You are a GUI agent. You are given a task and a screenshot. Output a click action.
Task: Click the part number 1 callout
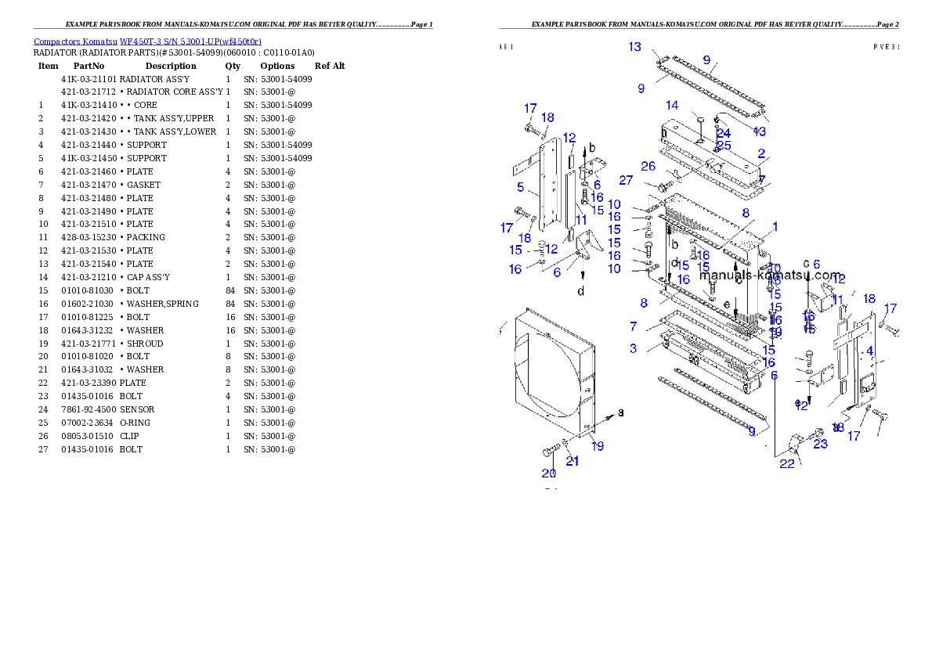(774, 227)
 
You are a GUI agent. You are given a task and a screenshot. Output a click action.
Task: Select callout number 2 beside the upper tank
(761, 154)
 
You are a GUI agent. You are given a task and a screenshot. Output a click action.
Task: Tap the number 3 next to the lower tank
(633, 348)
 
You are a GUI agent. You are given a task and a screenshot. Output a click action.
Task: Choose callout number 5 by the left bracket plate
(519, 187)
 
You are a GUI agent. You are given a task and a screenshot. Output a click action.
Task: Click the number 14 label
(672, 106)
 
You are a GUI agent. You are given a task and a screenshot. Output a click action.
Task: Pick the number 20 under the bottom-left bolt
(548, 473)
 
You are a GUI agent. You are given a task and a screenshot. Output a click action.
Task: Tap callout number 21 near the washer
(573, 461)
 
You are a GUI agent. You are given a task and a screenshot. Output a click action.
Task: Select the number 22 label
(786, 463)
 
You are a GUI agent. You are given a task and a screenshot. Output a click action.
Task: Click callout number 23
(820, 445)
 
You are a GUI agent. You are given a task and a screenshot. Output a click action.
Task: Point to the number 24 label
(723, 134)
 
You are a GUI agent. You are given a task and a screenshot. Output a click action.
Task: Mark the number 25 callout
(724, 146)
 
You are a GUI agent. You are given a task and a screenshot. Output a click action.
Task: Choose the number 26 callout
(648, 166)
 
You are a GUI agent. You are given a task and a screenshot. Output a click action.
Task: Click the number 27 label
(626, 180)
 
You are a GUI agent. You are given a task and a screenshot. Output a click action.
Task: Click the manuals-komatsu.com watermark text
(770, 275)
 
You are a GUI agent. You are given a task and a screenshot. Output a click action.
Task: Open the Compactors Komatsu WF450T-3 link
(147, 41)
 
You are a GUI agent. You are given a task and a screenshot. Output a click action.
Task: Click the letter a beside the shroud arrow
(622, 411)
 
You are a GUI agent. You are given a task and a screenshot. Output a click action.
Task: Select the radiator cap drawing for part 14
(699, 120)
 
